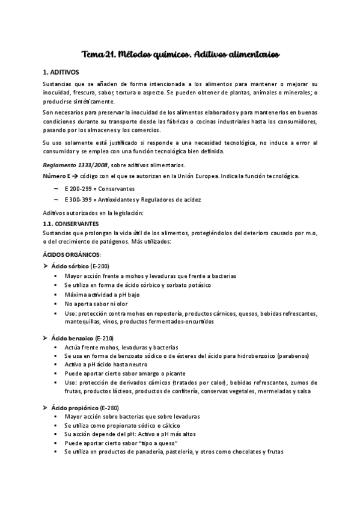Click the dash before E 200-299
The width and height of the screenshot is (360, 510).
[x=56, y=188]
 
